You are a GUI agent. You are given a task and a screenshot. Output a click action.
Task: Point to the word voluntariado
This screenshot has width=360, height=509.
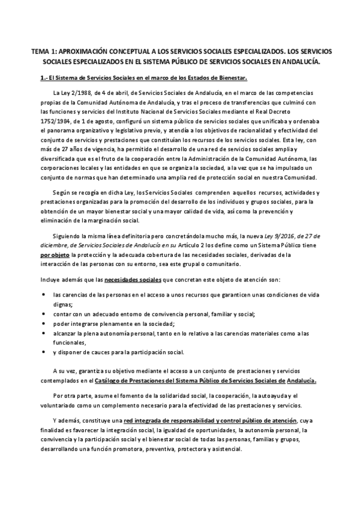pyautogui.click(x=58, y=406)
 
